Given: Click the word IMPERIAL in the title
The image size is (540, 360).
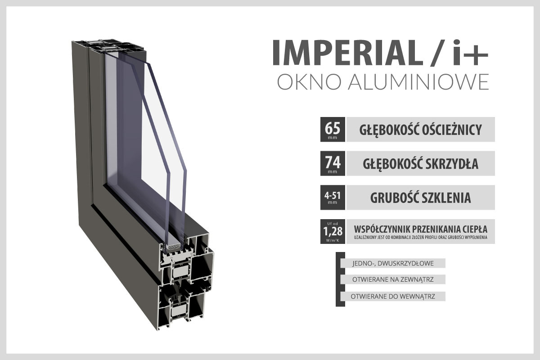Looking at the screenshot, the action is point(347,53).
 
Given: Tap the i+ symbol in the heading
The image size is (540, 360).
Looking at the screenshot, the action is point(470,53).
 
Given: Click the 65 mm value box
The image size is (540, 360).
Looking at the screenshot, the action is point(333,129).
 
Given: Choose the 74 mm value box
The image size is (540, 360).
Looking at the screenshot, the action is point(333,163).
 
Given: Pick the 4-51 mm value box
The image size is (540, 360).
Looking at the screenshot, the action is point(333,197).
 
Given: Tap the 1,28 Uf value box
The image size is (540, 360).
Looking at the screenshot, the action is point(333,231).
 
